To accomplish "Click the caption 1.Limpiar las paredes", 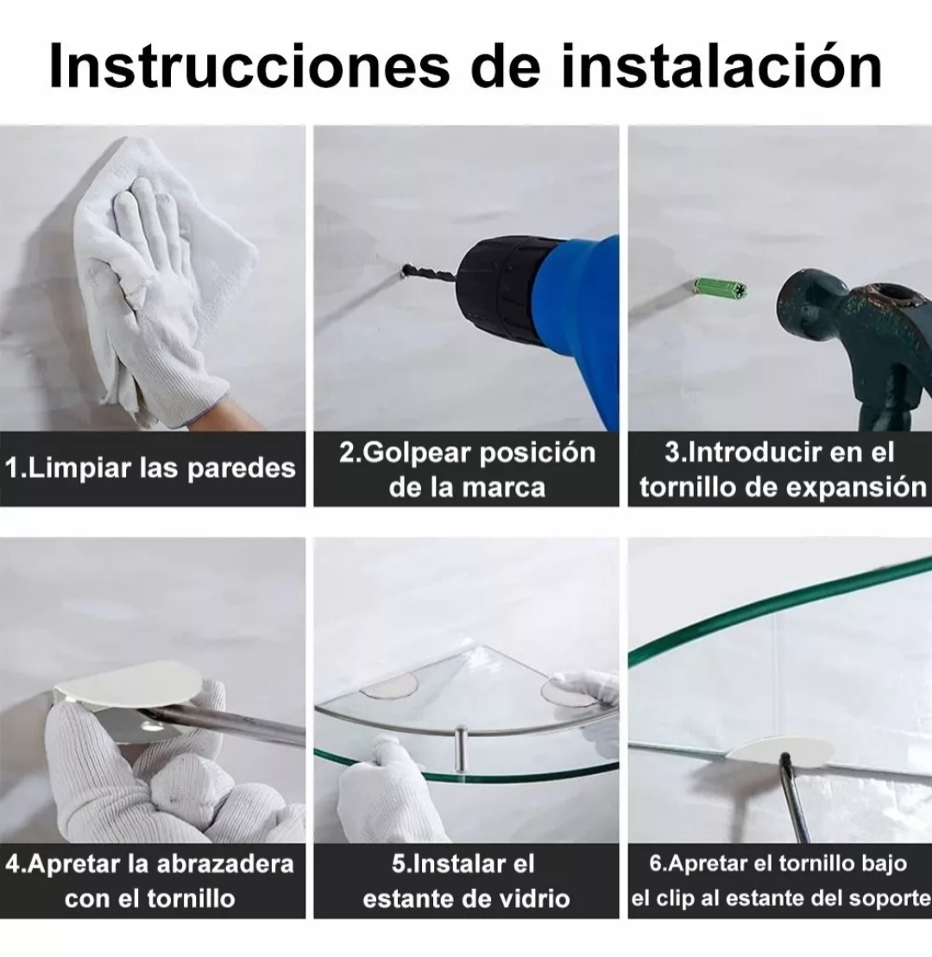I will tap(151, 469).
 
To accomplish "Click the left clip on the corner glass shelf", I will tap(389, 686).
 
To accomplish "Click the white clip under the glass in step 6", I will tap(777, 751).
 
